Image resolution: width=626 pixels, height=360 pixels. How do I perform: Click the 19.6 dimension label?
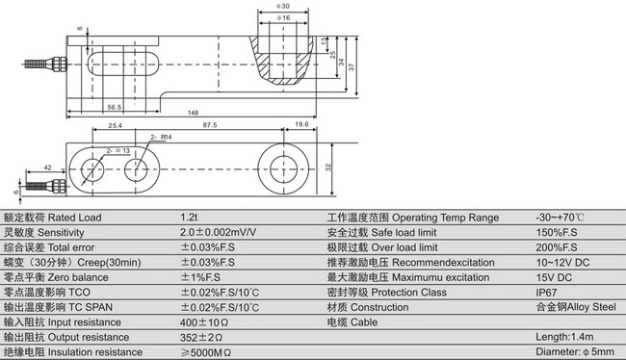point(300,125)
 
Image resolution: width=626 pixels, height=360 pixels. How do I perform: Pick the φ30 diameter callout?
point(284,7)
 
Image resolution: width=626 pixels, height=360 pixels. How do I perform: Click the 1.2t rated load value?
point(190,218)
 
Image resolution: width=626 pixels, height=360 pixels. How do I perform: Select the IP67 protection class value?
point(547,292)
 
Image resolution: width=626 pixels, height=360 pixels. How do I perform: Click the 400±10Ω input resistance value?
point(204,321)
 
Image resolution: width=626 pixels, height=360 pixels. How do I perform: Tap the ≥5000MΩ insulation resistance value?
point(205,352)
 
